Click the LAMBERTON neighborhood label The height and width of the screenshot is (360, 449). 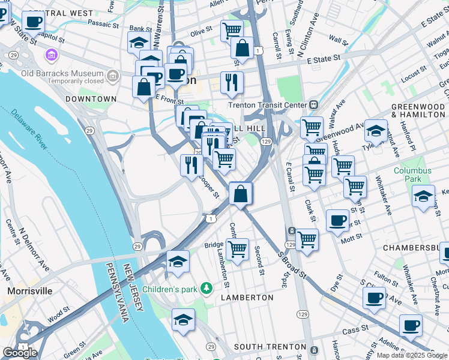tap(247, 298)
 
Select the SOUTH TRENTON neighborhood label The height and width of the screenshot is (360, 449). tap(270, 347)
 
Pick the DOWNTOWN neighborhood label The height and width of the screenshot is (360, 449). tap(91, 98)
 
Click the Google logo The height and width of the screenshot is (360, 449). tap(20, 353)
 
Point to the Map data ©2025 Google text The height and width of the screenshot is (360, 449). tap(412, 355)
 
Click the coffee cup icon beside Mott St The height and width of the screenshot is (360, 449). tap(337, 220)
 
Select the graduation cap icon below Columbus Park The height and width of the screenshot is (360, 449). tap(423, 196)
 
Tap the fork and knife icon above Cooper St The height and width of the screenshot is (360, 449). tap(191, 164)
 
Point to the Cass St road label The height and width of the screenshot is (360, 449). tap(354, 331)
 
